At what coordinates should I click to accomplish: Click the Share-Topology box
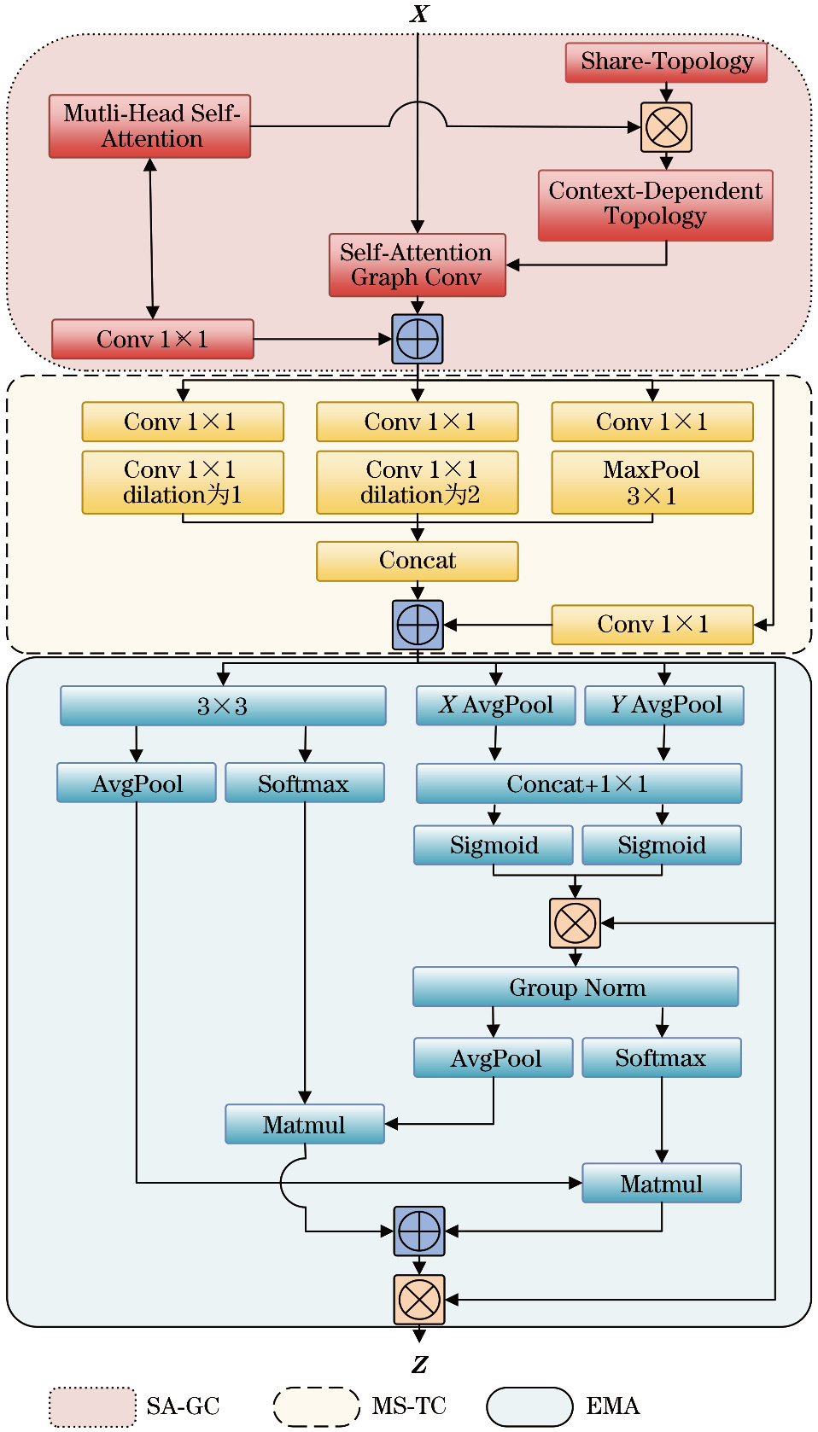(x=666, y=62)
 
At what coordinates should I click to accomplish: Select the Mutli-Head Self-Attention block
(x=150, y=126)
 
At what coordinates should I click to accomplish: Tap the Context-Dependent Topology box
(x=655, y=205)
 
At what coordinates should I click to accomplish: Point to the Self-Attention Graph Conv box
(x=417, y=265)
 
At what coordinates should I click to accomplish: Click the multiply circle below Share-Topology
(x=666, y=128)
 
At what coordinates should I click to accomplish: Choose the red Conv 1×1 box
(x=153, y=339)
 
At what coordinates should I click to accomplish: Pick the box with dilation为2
(x=417, y=482)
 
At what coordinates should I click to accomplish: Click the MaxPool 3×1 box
(x=652, y=482)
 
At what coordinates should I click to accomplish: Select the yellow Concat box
(x=417, y=561)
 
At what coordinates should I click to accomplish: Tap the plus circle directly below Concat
(x=418, y=625)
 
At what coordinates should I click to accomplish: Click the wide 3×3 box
(x=223, y=706)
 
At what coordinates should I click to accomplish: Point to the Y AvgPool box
(x=664, y=706)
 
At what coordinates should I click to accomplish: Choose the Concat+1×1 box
(x=578, y=783)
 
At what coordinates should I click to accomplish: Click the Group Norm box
(x=576, y=987)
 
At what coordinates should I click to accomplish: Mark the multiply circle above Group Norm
(x=575, y=923)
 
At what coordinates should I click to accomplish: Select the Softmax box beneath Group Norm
(x=661, y=1057)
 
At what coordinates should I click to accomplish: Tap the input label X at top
(x=418, y=14)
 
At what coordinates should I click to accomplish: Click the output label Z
(x=418, y=1364)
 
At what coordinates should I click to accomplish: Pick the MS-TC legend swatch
(x=316, y=1406)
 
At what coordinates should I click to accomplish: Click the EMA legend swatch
(x=529, y=1406)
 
